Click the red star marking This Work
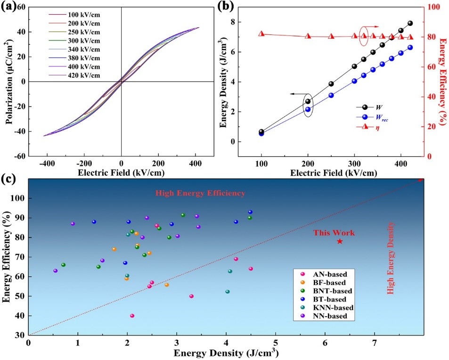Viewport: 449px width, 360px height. [x=340, y=241]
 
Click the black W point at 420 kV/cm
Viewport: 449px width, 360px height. [x=410, y=23]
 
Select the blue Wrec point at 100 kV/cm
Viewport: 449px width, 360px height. [x=261, y=133]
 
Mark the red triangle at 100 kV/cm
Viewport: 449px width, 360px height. [x=261, y=34]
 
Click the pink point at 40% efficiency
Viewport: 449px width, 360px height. [x=132, y=316]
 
